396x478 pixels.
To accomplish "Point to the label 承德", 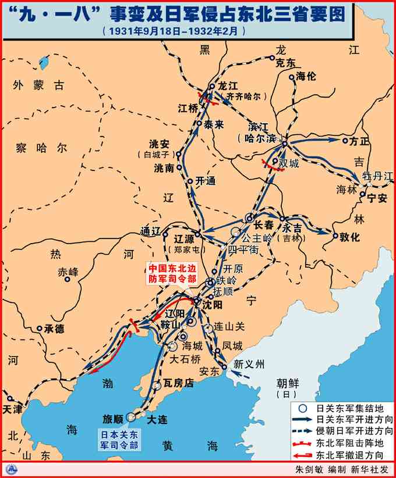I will (55, 329).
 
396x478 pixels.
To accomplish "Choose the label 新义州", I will (249, 365).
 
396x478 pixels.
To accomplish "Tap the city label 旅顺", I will (113, 419).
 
